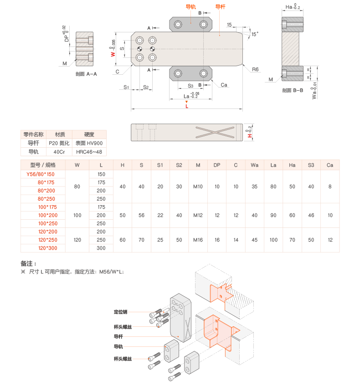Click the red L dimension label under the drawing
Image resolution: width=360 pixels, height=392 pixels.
187,106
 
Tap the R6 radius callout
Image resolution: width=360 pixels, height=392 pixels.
256,69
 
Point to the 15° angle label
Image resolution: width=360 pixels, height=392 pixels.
254,34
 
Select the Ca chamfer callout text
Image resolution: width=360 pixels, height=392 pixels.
224,85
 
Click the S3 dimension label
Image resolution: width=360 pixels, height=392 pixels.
190,86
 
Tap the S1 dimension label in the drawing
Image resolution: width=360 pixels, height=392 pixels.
126,87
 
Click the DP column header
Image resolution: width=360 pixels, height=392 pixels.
217,165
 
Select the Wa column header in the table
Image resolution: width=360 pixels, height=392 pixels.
254,165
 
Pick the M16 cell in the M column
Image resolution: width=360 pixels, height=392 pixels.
198,240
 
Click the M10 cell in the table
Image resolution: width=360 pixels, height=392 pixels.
198,186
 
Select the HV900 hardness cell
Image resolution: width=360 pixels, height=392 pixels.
89,143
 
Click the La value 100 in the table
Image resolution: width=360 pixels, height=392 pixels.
273,240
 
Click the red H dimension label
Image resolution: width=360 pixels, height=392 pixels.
249,135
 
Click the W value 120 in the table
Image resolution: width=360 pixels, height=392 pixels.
77,240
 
